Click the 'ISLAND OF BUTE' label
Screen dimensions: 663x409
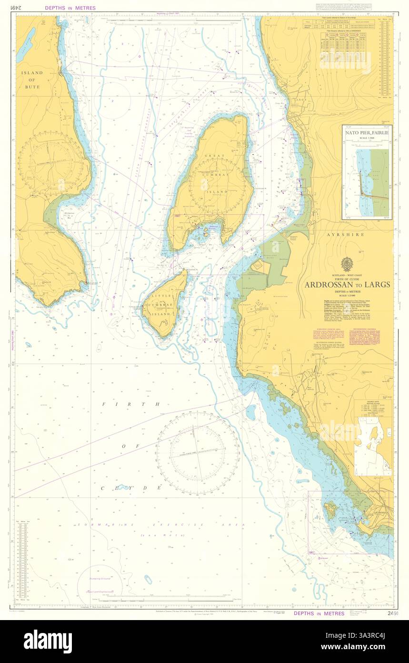tap(31, 80)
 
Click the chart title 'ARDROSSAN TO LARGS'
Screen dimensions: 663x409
tap(347, 285)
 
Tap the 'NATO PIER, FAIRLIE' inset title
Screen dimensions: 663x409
tap(367, 133)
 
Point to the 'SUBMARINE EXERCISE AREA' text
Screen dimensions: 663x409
tap(161, 525)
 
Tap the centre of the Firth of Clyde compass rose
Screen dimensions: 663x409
tap(197, 454)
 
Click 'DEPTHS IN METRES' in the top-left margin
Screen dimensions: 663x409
tap(70, 8)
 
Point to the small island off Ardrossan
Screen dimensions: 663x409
tap(330, 510)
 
